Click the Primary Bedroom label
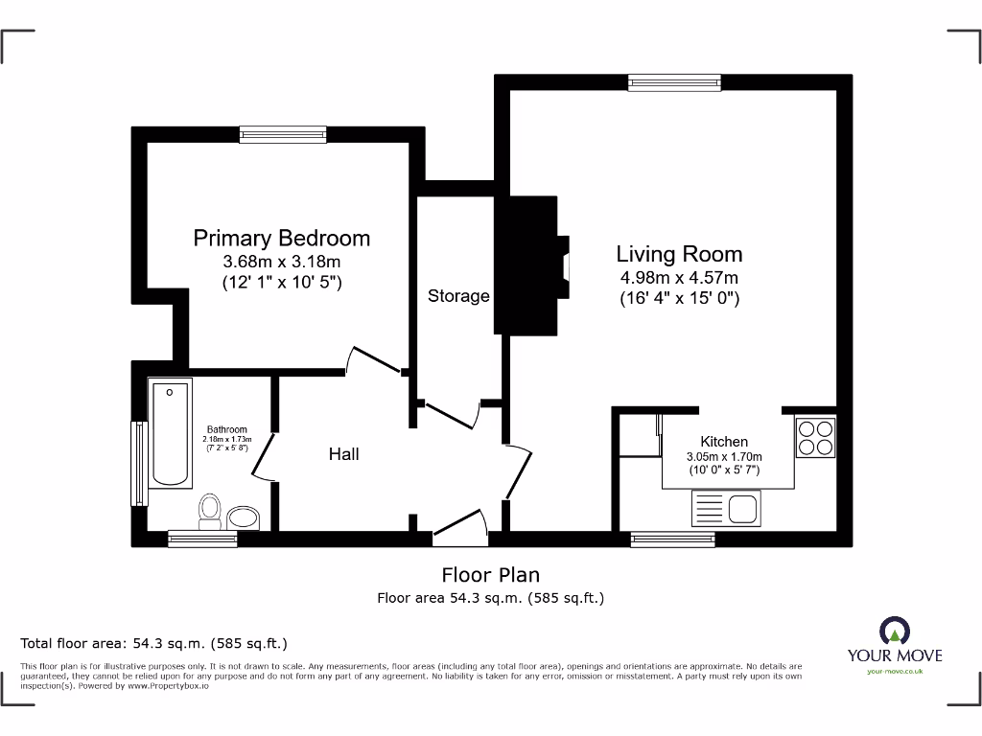click(281, 238)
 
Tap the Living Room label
click(679, 254)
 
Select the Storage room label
click(458, 296)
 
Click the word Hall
click(343, 453)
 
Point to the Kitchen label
click(724, 441)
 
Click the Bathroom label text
click(226, 429)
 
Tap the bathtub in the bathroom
click(171, 432)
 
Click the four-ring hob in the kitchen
click(815, 437)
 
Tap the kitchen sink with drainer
click(725, 508)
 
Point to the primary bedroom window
click(283, 135)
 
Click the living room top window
click(673, 82)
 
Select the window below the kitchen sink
click(672, 540)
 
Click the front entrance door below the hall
click(460, 526)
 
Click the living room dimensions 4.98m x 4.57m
click(679, 278)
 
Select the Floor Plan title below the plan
click(490, 575)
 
